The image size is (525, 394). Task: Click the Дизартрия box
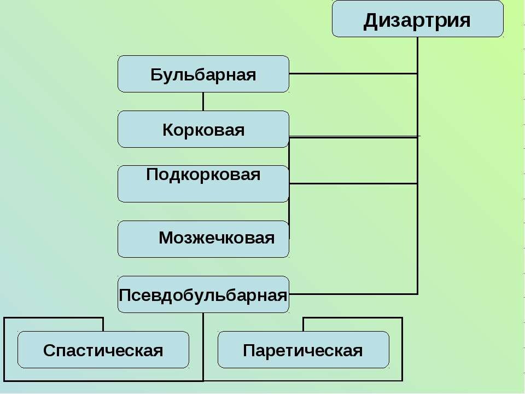click(x=417, y=19)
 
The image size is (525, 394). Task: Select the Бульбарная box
click(x=203, y=74)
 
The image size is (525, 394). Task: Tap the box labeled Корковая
click(x=203, y=129)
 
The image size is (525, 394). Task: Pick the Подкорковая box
click(x=203, y=184)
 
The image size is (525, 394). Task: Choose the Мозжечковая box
click(x=203, y=239)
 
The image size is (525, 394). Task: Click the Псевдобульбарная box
click(x=203, y=294)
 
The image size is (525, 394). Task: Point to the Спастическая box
click(x=103, y=350)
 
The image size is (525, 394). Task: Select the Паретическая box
click(x=304, y=350)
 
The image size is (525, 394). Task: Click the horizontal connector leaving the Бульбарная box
click(x=353, y=73)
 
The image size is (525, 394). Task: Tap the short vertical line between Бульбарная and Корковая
click(x=203, y=102)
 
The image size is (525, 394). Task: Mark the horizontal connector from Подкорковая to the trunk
click(x=353, y=184)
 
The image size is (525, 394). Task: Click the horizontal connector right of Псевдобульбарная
click(x=353, y=294)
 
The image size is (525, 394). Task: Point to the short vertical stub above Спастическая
click(x=103, y=325)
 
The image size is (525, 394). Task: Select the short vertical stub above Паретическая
click(x=304, y=325)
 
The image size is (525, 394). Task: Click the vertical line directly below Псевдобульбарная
click(x=203, y=347)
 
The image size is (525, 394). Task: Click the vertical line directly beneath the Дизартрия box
click(x=417, y=166)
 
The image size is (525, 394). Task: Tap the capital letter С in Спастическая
click(x=49, y=350)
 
